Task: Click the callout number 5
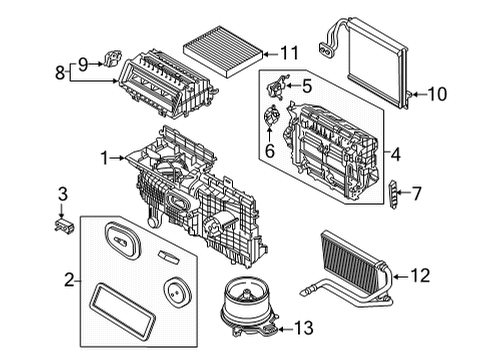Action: [308, 88]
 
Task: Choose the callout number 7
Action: [419, 190]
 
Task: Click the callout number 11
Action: [289, 52]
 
